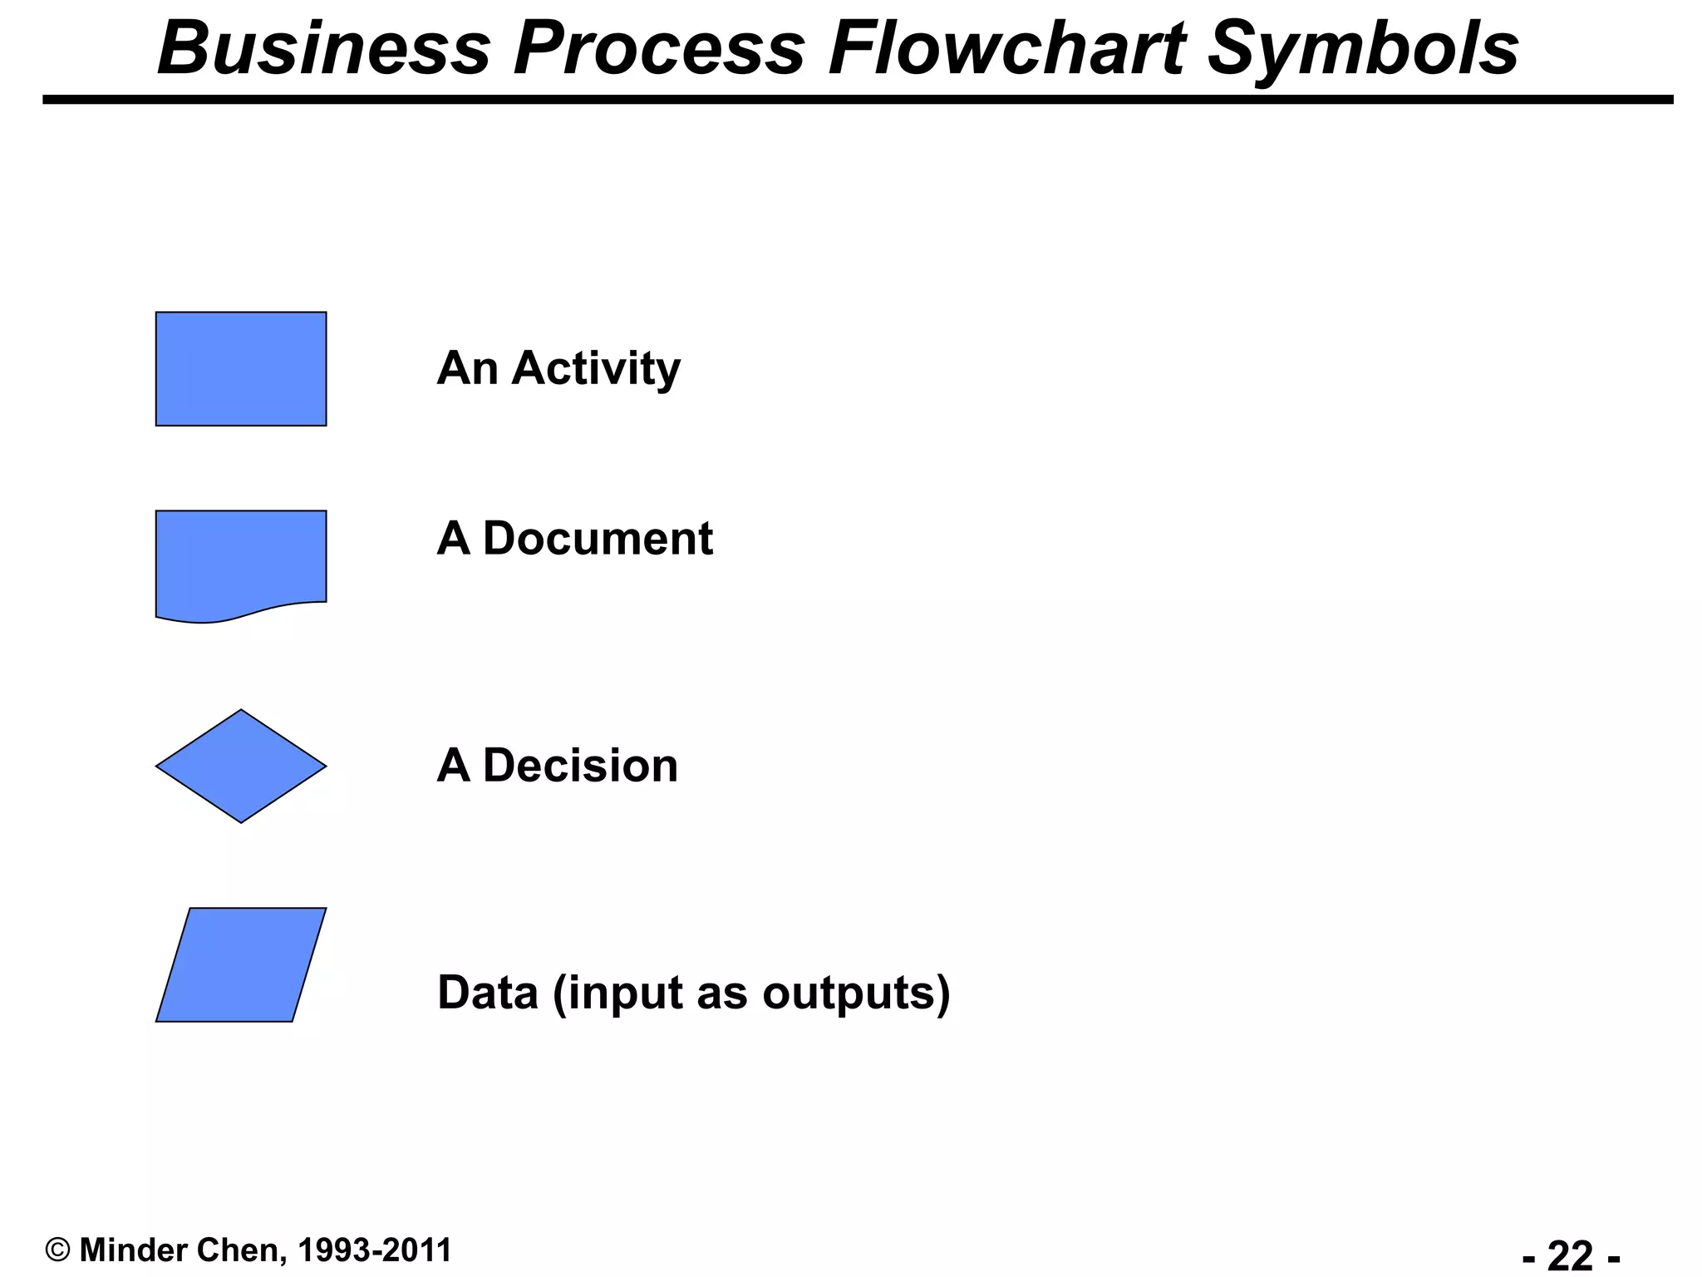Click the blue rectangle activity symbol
pyautogui.click(x=241, y=369)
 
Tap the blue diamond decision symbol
pyautogui.click(x=241, y=766)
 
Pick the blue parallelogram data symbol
pyautogui.click(x=241, y=964)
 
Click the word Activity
pyautogui.click(x=596, y=368)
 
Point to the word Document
pyautogui.click(x=598, y=539)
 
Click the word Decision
pyautogui.click(x=580, y=766)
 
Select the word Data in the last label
pyautogui.click(x=488, y=993)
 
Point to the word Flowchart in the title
pyautogui.click(x=1006, y=48)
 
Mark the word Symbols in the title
pyautogui.click(x=1363, y=48)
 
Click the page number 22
pyautogui.click(x=1570, y=1255)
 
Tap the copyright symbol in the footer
pyautogui.click(x=57, y=1250)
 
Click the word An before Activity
pyautogui.click(x=468, y=368)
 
